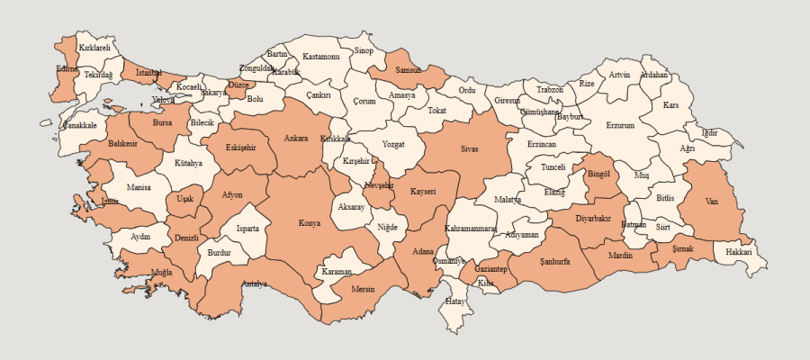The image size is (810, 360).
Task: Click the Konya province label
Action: pos(310,223)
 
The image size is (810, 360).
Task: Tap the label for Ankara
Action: pos(296,139)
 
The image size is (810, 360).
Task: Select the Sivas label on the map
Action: pos(469,148)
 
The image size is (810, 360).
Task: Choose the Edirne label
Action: pos(67,68)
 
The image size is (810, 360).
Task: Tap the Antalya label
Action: pos(254,284)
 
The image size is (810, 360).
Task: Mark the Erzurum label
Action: pos(620,126)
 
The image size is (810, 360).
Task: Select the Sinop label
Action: pos(364,51)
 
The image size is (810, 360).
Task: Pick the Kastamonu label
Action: pos(320,57)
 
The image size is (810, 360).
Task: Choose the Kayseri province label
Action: pos(423,192)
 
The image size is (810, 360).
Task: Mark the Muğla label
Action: pos(162,271)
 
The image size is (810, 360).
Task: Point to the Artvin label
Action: pos(619,75)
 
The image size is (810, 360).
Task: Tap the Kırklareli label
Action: pos(94,47)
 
